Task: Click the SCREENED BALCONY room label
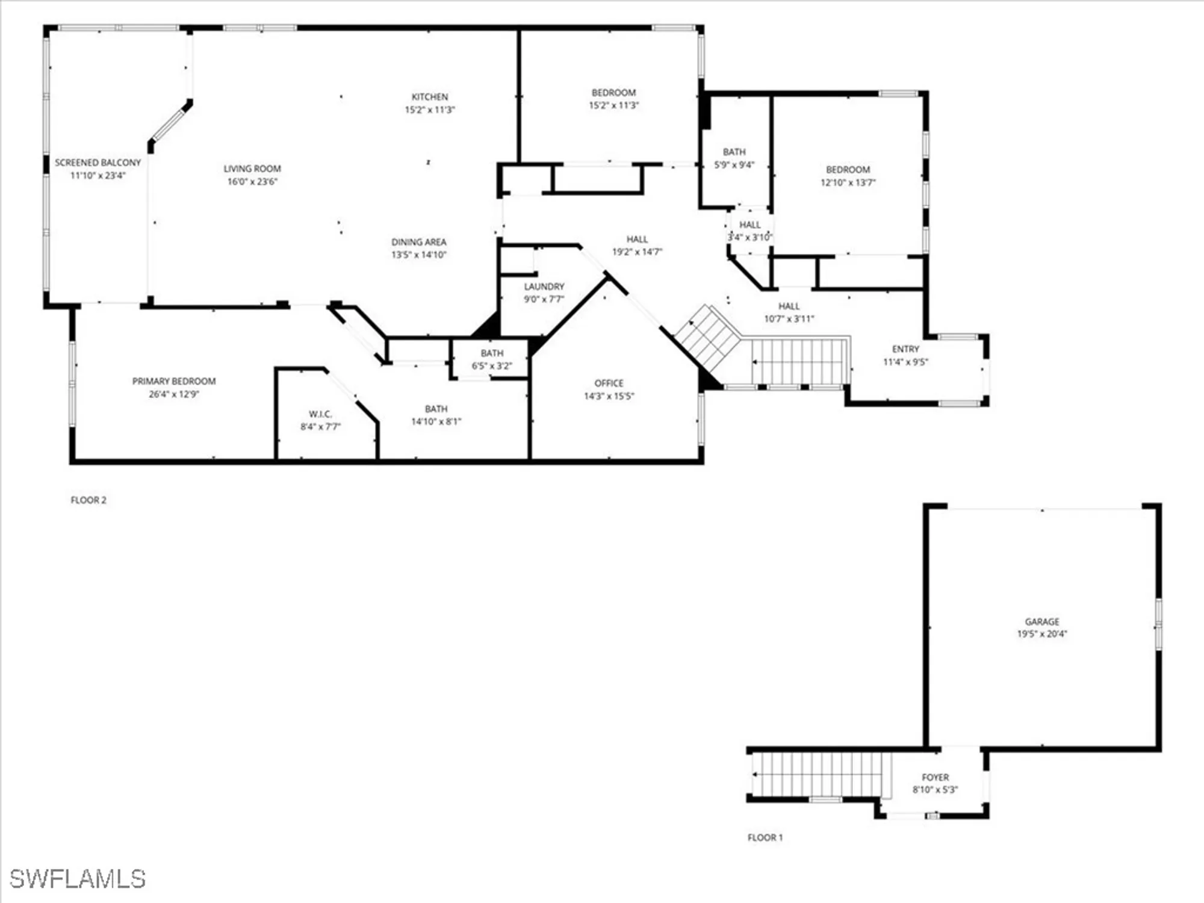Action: point(98,163)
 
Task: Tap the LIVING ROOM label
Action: point(252,169)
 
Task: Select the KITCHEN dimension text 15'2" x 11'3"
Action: point(429,110)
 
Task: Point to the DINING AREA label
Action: point(418,242)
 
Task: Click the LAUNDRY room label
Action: point(544,287)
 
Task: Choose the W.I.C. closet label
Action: point(320,414)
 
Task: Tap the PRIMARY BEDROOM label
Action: point(174,381)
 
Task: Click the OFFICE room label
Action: point(609,383)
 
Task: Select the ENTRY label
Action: point(905,349)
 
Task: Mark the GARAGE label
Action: point(1041,621)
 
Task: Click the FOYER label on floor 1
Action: point(934,777)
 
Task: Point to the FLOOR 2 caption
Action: point(88,500)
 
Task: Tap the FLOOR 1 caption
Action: point(765,837)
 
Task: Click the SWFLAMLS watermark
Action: point(78,879)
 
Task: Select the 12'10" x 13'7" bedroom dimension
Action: point(848,183)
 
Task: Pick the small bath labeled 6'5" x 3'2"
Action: point(492,359)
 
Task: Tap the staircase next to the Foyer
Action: point(819,775)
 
